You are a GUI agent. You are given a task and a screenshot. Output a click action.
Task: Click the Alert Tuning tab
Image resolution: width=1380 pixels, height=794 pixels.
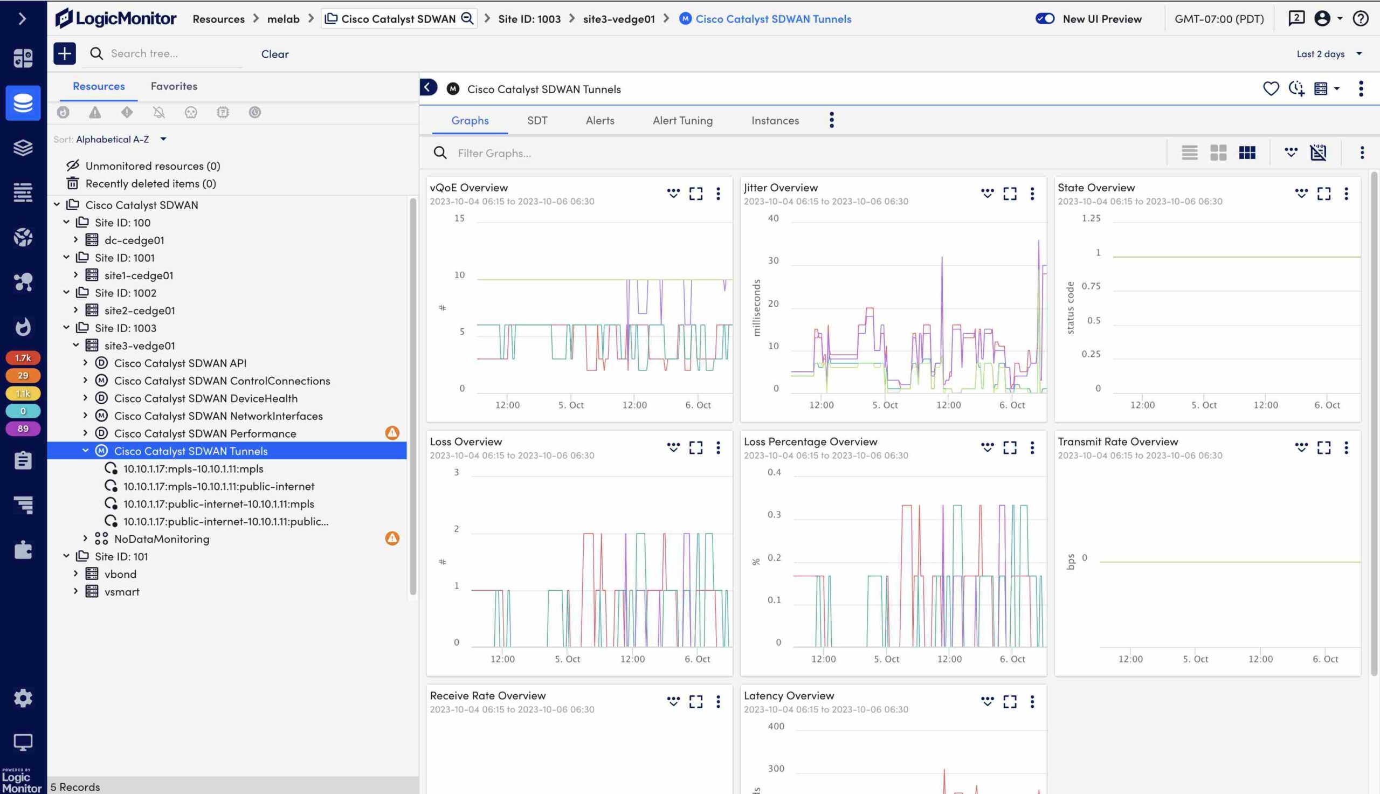pyautogui.click(x=682, y=121)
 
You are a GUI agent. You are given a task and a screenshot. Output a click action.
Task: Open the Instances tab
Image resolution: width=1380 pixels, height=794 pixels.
pyautogui.click(x=775, y=121)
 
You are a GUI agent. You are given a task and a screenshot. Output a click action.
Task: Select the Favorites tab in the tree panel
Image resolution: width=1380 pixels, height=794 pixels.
pyautogui.click(x=174, y=86)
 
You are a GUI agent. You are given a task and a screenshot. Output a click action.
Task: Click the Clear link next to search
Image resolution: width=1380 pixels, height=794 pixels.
pyautogui.click(x=275, y=54)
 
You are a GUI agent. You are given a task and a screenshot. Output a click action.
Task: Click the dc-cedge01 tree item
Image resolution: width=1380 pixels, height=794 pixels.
pyautogui.click(x=134, y=240)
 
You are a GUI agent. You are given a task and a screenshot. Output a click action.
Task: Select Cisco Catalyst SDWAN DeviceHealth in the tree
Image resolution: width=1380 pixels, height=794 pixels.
pyautogui.click(x=205, y=398)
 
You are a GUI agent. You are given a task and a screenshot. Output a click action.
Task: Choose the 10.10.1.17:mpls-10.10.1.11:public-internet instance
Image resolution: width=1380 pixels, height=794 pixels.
pyautogui.click(x=219, y=486)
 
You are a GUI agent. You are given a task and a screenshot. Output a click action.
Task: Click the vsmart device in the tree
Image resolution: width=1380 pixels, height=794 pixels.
pyautogui.click(x=122, y=592)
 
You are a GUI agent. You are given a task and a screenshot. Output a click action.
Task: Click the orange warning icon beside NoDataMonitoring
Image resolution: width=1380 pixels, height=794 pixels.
pyautogui.click(x=392, y=538)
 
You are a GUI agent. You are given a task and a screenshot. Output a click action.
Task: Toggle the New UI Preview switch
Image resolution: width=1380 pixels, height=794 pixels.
pyautogui.click(x=1045, y=18)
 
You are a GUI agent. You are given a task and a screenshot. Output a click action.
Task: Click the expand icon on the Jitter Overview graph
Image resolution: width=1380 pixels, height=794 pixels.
pyautogui.click(x=1010, y=194)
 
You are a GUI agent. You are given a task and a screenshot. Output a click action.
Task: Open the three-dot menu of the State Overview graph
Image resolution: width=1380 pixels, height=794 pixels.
pyautogui.click(x=1346, y=194)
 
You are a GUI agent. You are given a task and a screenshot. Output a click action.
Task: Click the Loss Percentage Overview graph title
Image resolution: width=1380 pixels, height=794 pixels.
pyautogui.click(x=810, y=441)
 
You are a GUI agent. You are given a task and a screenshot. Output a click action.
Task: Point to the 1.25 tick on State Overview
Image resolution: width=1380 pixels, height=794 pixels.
pyautogui.click(x=1091, y=218)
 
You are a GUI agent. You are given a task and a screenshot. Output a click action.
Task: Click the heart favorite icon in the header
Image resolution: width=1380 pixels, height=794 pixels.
pyautogui.click(x=1271, y=88)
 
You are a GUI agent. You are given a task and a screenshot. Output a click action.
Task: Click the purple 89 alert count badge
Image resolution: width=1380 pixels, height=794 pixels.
pyautogui.click(x=23, y=429)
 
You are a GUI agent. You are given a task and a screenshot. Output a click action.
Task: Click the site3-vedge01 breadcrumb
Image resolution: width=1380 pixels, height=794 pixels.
pyautogui.click(x=619, y=19)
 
